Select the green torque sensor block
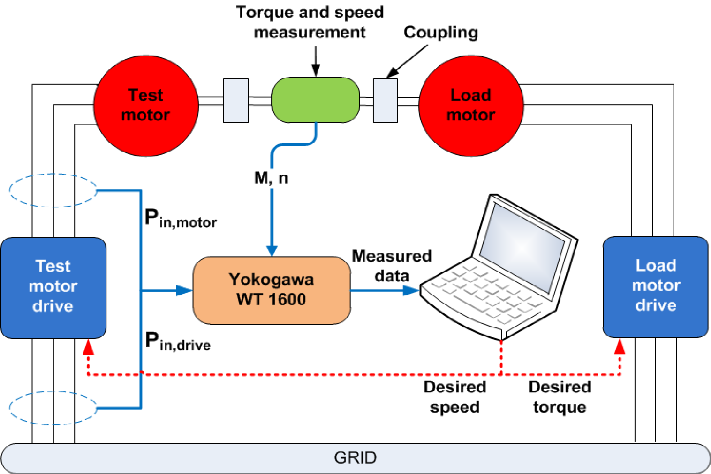pyautogui.click(x=316, y=100)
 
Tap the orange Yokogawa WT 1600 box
pyautogui.click(x=271, y=290)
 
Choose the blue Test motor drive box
pyautogui.click(x=53, y=287)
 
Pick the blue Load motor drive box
pyautogui.click(x=656, y=286)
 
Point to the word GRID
pyautogui.click(x=355, y=458)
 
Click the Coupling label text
pyautogui.click(x=441, y=32)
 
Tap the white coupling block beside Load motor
pyautogui.click(x=385, y=100)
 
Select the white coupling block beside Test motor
pyautogui.click(x=236, y=100)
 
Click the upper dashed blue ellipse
pyautogui.click(x=53, y=190)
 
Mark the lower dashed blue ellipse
pyautogui.click(x=53, y=408)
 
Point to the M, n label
pyautogui.click(x=271, y=178)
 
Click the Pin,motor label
pyautogui.click(x=181, y=218)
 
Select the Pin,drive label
pyautogui.click(x=179, y=341)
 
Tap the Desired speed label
pyautogui.click(x=454, y=397)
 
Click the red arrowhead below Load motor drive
pyautogui.click(x=619, y=347)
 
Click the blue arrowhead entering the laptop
pyautogui.click(x=411, y=290)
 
